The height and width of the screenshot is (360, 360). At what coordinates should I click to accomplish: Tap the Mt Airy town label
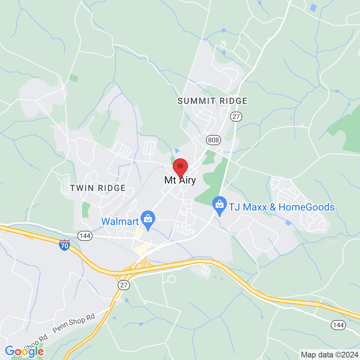click(180, 180)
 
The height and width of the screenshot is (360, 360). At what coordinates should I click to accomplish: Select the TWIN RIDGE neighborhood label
click(98, 188)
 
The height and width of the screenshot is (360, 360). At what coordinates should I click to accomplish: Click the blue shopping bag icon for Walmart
click(148, 218)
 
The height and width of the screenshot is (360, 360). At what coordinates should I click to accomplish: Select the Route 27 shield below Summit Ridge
click(236, 117)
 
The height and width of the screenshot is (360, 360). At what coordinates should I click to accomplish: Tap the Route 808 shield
click(212, 139)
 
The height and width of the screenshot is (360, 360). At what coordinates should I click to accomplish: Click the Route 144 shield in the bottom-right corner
click(339, 325)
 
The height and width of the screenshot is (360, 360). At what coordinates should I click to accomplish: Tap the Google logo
click(24, 351)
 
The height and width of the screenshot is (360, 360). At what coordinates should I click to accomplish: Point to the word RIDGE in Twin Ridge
click(113, 188)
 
